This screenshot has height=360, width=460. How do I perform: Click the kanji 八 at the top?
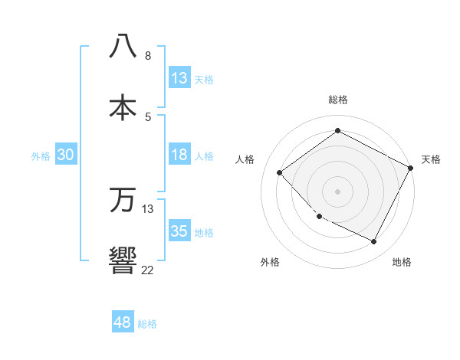point(123,46)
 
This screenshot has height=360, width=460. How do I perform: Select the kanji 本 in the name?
point(123,106)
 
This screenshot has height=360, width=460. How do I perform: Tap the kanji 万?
point(123,199)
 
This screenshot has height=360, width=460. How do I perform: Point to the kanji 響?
point(123,260)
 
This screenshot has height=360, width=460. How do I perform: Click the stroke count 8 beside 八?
point(148,56)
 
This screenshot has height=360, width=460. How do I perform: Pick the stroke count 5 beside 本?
point(148,116)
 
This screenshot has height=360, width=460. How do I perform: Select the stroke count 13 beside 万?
point(148,209)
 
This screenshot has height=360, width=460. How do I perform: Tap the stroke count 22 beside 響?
point(148,270)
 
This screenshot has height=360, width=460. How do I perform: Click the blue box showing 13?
point(179,78)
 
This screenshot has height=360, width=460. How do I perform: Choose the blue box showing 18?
point(179,155)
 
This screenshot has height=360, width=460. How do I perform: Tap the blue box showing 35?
point(179,231)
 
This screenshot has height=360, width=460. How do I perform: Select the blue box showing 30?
point(66,155)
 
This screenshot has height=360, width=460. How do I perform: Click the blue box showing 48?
point(123,322)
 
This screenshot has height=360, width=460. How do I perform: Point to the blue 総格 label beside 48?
point(147,324)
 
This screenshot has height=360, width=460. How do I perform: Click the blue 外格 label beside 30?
point(41,156)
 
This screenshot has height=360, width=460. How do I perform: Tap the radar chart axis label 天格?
point(431,159)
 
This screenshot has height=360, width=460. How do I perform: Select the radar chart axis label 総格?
point(338,100)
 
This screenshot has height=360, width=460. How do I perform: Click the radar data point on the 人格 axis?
point(280,172)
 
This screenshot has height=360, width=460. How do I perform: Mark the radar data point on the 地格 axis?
point(373,241)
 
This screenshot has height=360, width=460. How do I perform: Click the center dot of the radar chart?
point(337,191)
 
